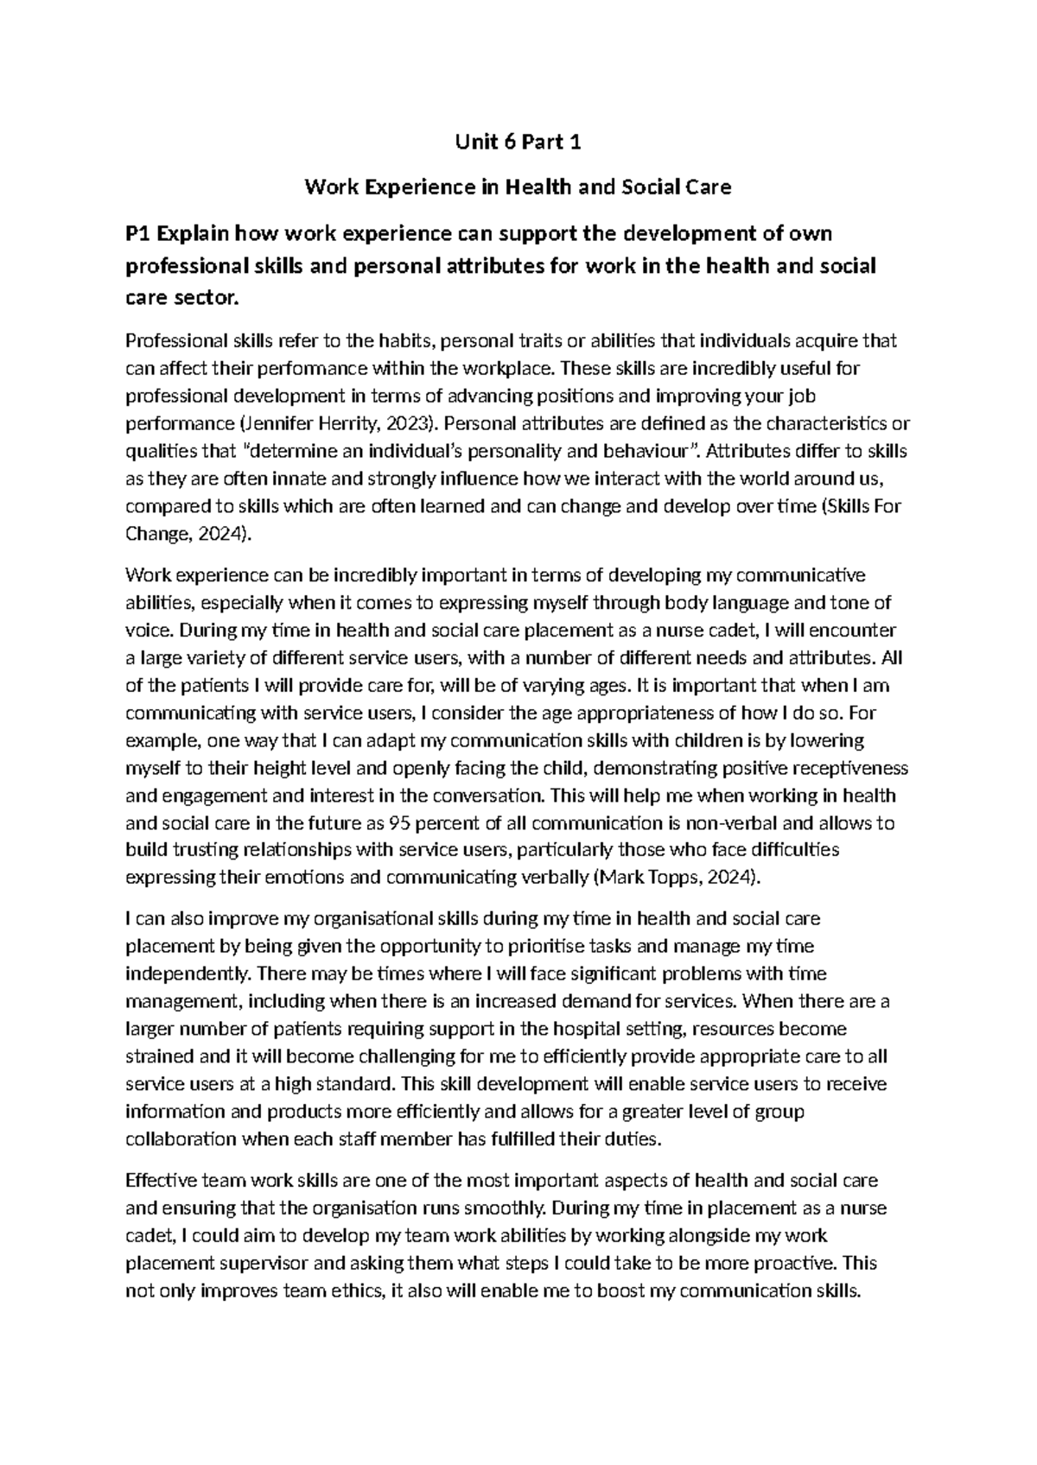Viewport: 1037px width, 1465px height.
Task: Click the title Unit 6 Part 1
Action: coord(518,143)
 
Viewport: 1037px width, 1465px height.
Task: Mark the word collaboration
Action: coord(181,1138)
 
